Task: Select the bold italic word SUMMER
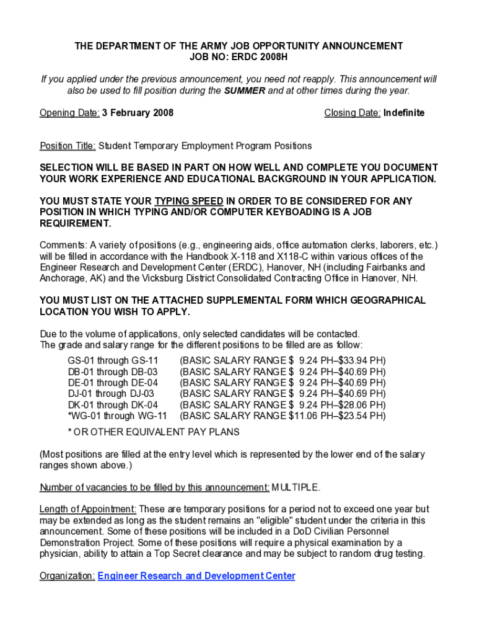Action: click(245, 91)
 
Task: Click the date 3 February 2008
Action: click(138, 113)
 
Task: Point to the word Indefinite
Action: click(404, 113)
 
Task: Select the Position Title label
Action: click(68, 146)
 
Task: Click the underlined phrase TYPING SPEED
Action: click(189, 201)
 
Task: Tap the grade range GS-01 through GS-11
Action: click(113, 360)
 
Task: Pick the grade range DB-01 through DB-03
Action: click(112, 371)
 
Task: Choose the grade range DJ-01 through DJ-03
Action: click(111, 393)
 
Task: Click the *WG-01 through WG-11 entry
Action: click(117, 415)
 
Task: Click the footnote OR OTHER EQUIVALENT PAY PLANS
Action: click(157, 432)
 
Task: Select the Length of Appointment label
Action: click(87, 509)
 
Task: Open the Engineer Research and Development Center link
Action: click(196, 576)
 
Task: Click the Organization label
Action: click(67, 576)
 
